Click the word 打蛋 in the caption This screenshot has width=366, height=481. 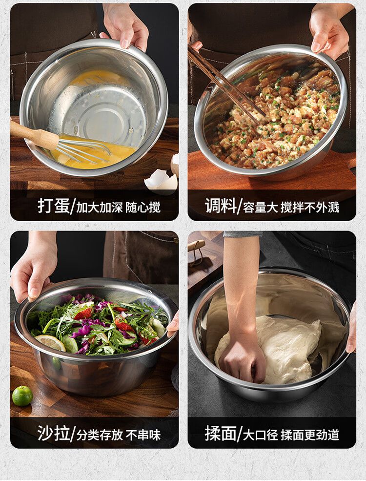click(x=54, y=206)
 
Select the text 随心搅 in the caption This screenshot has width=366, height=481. click(x=143, y=208)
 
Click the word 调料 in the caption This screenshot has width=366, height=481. click(x=221, y=206)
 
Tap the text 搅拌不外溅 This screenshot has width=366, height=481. click(x=310, y=208)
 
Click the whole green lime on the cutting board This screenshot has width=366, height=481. click(x=22, y=396)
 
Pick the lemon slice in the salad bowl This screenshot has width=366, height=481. click(x=50, y=343)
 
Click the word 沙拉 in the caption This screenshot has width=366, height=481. click(x=54, y=433)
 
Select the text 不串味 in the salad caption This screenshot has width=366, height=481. click(x=143, y=435)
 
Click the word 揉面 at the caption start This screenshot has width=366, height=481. click(x=221, y=433)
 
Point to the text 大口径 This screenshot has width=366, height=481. click(x=260, y=435)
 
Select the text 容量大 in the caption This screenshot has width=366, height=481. click(x=260, y=208)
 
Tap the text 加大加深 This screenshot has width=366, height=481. click(x=100, y=208)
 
